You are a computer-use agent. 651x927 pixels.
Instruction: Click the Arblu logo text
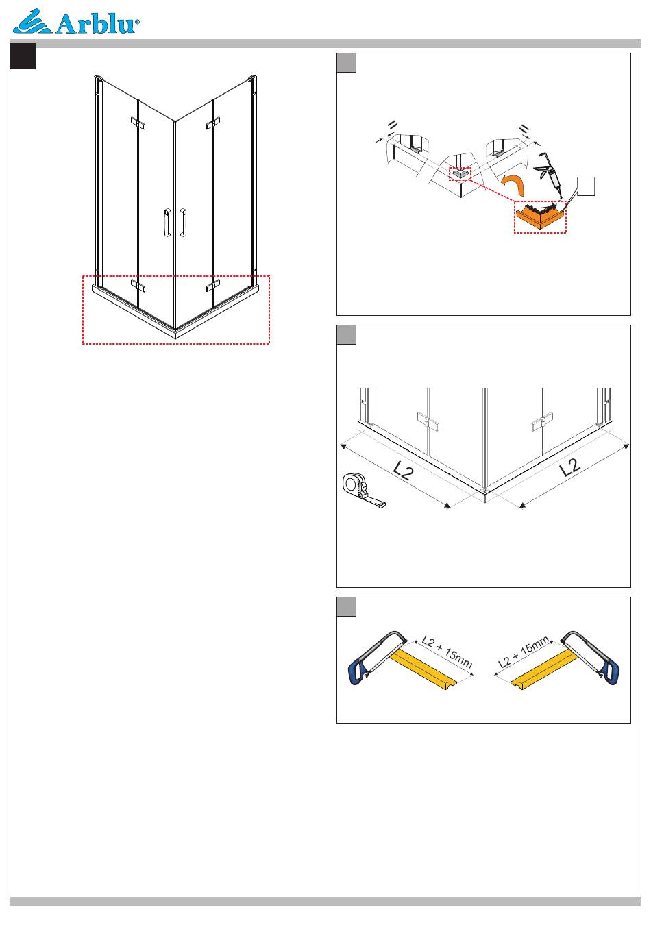(x=96, y=25)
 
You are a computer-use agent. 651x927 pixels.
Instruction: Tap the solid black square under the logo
(x=23, y=56)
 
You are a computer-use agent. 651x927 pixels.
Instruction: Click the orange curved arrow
(x=513, y=184)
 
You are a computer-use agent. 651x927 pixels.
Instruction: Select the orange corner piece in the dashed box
(x=540, y=217)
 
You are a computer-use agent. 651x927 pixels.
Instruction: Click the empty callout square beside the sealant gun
(x=586, y=186)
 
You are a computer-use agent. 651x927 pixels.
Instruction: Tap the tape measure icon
(x=362, y=490)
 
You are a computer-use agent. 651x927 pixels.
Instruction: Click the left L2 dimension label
(x=403, y=471)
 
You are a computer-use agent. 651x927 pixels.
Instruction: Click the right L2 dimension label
(x=570, y=467)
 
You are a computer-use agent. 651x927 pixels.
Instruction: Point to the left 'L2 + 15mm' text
(x=447, y=652)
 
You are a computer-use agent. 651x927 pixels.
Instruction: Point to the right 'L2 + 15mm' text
(x=523, y=652)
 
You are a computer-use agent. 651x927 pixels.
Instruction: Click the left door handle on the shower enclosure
(x=167, y=223)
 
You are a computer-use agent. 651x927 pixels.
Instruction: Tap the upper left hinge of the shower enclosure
(x=138, y=123)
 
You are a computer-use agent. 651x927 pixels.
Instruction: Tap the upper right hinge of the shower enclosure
(x=212, y=123)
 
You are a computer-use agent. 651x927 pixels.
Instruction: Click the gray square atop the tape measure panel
(x=346, y=335)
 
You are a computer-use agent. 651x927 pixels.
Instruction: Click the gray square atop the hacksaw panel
(x=346, y=606)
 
